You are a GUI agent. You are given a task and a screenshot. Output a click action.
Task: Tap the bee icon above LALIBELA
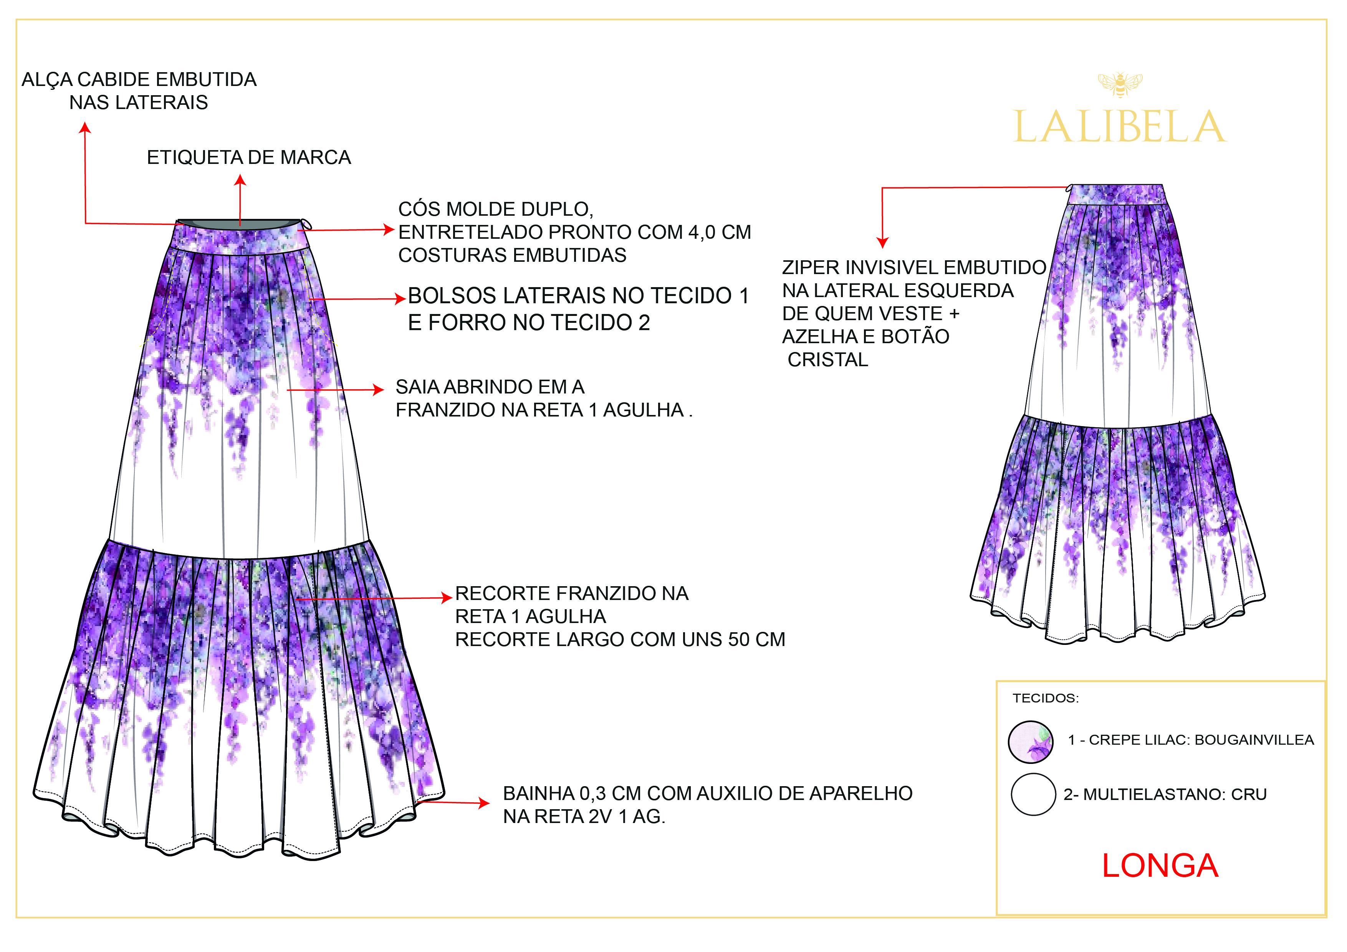click(x=1120, y=84)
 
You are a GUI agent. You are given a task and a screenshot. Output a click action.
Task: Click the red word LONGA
click(x=1160, y=866)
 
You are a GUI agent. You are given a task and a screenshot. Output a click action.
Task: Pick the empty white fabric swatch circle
click(x=1033, y=794)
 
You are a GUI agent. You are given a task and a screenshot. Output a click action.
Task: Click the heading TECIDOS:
click(x=1046, y=698)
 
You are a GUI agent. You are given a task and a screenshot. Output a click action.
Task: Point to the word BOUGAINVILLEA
click(x=1254, y=740)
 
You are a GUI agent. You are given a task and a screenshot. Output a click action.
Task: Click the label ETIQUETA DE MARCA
click(x=249, y=157)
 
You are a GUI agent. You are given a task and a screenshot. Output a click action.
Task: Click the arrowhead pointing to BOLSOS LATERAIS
click(x=401, y=299)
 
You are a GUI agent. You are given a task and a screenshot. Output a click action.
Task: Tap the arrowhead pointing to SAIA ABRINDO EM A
click(x=379, y=390)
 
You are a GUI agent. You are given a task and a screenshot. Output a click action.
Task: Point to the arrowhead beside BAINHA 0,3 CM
click(x=484, y=802)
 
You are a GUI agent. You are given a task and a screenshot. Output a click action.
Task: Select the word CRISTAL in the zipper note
click(x=828, y=360)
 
